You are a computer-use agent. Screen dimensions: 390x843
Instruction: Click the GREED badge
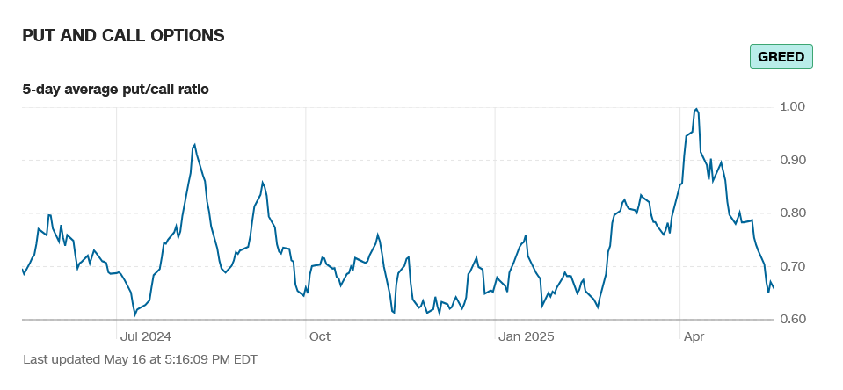(x=781, y=57)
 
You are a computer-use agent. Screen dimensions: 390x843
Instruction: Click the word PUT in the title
(x=40, y=35)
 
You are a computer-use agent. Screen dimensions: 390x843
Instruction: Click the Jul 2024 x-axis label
(x=145, y=336)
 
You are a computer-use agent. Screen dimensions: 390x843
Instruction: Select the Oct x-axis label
(x=319, y=336)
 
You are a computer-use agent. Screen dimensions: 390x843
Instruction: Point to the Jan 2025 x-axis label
(x=526, y=336)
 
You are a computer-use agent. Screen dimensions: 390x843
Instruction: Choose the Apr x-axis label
(x=694, y=336)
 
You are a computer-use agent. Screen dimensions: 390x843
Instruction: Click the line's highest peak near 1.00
(x=696, y=109)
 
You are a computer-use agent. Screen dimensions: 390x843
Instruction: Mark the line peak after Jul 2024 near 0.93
(x=194, y=145)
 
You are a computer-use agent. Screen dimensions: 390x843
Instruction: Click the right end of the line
(x=773, y=288)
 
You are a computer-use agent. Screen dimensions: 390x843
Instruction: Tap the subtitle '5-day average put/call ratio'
(x=115, y=89)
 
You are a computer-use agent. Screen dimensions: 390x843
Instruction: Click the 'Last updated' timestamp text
(x=140, y=359)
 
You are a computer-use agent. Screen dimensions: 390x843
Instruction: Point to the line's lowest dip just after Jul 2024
(x=135, y=314)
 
